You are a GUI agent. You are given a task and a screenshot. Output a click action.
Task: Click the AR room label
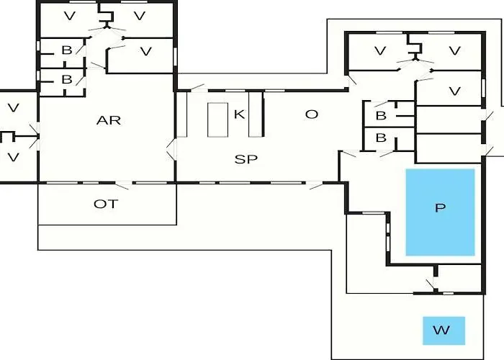tap(108, 120)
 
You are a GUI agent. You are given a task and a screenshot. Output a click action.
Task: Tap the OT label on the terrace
tap(105, 204)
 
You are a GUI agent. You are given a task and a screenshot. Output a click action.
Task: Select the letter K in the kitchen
tap(238, 114)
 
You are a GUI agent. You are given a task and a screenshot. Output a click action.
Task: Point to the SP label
tap(246, 158)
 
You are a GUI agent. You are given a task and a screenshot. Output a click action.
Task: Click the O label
tap(311, 114)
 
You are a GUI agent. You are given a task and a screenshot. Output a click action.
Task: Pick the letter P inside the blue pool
tap(440, 209)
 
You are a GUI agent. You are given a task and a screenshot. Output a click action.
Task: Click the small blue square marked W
tap(444, 330)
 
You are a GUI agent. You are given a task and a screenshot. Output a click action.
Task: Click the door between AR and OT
tap(124, 182)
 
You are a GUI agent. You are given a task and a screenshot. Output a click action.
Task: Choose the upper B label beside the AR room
tap(66, 50)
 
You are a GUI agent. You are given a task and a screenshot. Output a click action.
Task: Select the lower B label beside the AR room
tap(66, 79)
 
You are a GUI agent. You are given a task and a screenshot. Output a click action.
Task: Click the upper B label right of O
tap(381, 114)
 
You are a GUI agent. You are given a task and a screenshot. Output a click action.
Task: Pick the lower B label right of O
tap(381, 138)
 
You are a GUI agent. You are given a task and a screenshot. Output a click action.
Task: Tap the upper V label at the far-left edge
tap(13, 108)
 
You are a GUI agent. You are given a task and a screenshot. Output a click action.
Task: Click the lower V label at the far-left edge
tap(13, 156)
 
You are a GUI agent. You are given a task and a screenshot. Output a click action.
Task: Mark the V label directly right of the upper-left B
tap(146, 50)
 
